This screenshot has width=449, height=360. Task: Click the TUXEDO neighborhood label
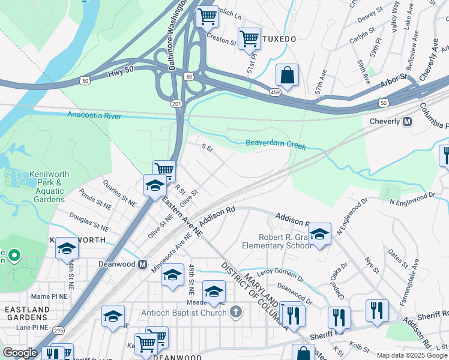[x=280, y=39]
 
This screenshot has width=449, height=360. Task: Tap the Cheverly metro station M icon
[x=407, y=122]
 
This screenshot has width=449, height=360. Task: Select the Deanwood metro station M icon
[x=143, y=264]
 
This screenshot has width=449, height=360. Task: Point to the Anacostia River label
[x=94, y=115]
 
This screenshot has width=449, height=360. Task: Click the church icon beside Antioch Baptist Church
[x=236, y=312]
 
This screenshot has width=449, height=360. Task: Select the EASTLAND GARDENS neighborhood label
[x=27, y=313]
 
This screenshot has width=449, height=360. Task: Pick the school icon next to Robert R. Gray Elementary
[x=319, y=233]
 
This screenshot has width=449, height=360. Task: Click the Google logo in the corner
[x=20, y=353]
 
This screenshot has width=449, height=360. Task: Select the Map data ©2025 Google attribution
[x=412, y=355]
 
